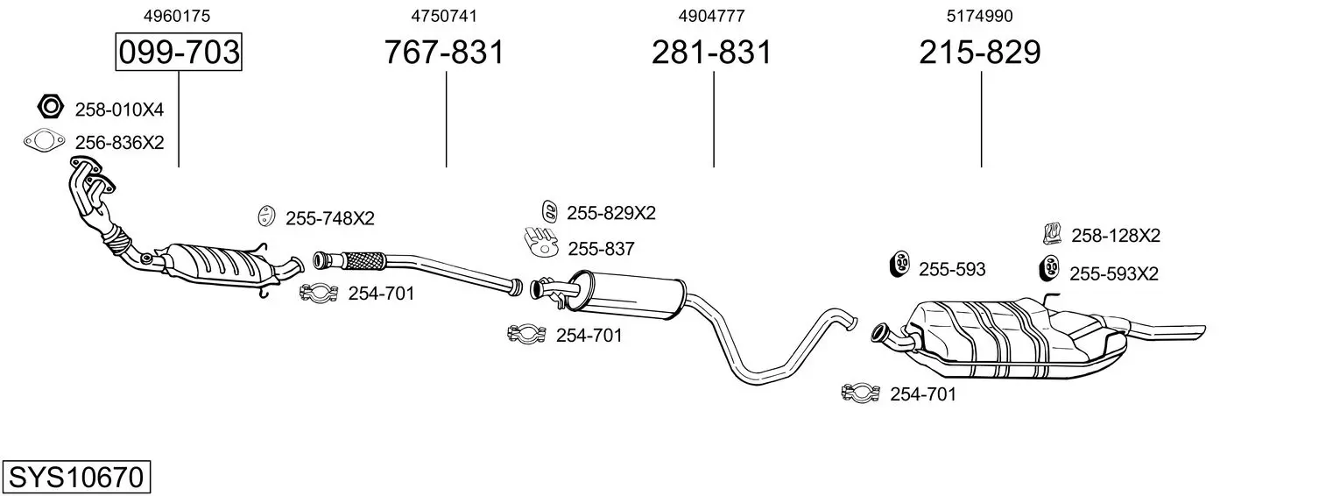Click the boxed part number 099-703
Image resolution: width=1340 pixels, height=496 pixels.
coord(179,53)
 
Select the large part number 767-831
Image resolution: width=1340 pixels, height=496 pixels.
coord(445,53)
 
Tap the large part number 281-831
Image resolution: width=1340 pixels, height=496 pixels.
coord(712,53)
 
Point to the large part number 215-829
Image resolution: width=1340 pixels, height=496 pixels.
coord(980,53)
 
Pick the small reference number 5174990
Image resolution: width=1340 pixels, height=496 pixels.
coord(980,16)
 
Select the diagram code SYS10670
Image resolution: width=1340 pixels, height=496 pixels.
coord(75,478)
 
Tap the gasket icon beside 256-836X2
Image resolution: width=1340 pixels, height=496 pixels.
coord(44,140)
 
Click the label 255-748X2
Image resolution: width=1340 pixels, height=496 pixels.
coord(329,219)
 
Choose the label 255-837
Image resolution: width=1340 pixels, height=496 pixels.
coord(601,249)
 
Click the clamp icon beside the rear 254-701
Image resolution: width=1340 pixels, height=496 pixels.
coord(860,393)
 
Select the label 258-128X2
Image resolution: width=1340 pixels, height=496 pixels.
coord(1115,235)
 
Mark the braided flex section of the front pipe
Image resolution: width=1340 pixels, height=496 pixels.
coord(362,259)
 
